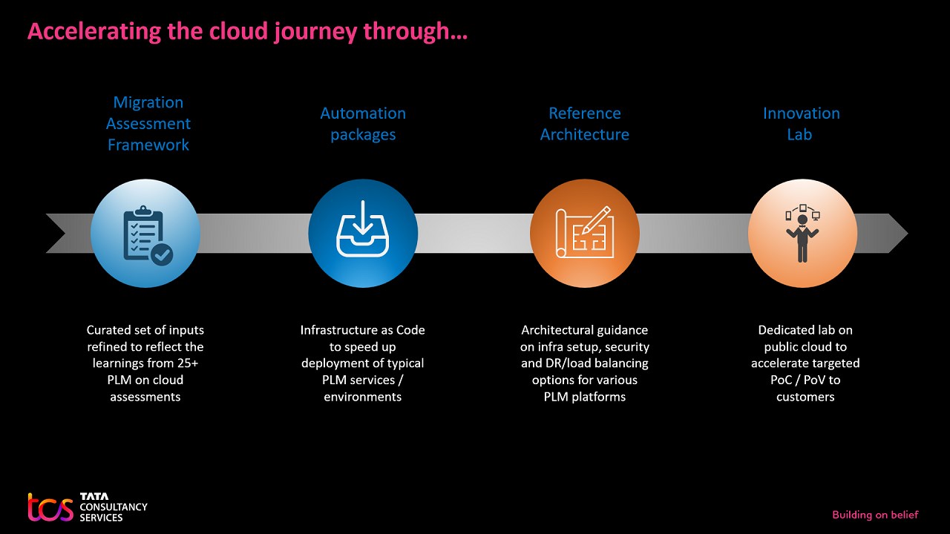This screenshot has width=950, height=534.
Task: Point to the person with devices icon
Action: click(x=802, y=233)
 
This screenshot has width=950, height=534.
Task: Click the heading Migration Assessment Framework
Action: click(x=148, y=124)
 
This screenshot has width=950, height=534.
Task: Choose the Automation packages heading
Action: click(x=363, y=124)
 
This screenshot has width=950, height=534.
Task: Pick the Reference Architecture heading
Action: click(x=585, y=124)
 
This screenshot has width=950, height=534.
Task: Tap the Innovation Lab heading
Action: click(x=801, y=124)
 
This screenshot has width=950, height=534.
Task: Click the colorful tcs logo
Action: click(x=50, y=507)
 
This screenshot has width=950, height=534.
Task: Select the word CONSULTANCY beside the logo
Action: click(x=114, y=507)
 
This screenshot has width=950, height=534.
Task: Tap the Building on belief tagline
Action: click(x=875, y=515)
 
